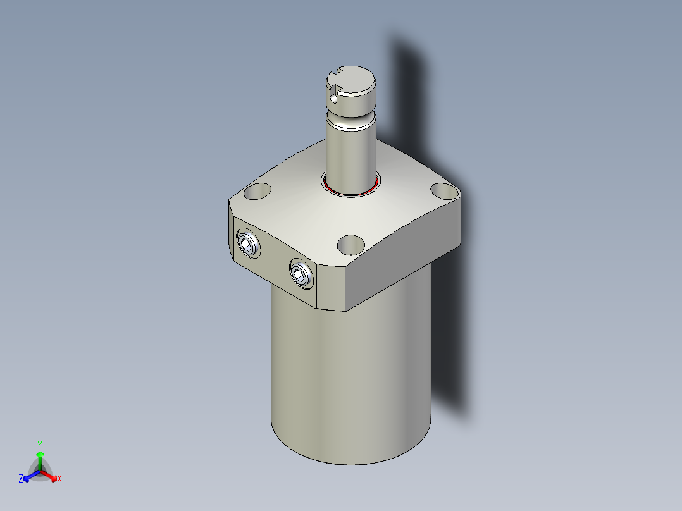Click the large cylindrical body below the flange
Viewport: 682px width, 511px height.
(351, 379)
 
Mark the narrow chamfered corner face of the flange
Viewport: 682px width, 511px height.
(330, 288)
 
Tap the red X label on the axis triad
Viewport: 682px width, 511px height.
(59, 479)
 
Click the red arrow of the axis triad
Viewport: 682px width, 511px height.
(51, 475)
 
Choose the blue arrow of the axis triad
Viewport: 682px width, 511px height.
(29, 476)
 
